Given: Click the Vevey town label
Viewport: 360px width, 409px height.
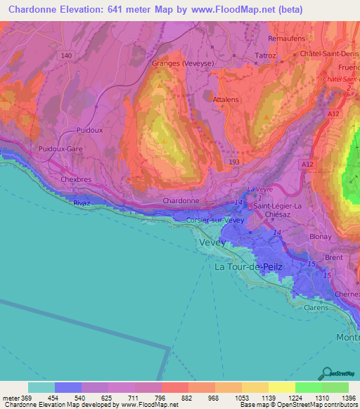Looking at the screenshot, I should click(x=213, y=242).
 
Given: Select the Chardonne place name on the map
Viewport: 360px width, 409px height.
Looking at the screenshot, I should click(x=181, y=200).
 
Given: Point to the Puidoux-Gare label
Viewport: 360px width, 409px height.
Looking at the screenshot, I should click(x=59, y=149).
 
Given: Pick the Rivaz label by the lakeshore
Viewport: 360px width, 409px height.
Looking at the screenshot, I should click(x=83, y=202).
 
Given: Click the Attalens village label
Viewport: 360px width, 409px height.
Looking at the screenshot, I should click(x=226, y=100).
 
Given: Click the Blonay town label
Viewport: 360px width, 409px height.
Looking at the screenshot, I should click(x=320, y=237).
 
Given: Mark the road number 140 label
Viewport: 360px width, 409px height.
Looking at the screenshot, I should click(x=67, y=56).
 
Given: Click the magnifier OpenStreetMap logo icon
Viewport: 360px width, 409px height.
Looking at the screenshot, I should click(x=326, y=373).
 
